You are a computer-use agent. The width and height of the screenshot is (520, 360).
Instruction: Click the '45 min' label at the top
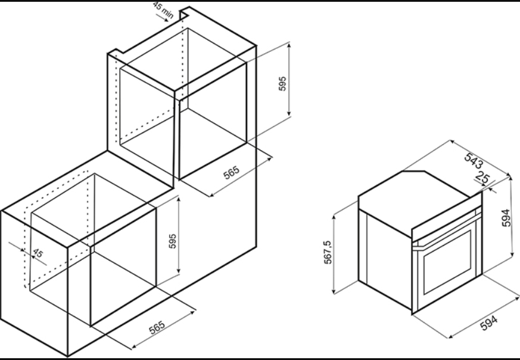click(163, 10)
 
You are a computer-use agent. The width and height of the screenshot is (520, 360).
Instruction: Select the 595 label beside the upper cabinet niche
click(282, 83)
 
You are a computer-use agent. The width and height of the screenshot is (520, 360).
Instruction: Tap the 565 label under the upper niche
click(231, 173)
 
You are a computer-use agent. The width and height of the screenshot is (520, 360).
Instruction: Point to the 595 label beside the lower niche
click(172, 241)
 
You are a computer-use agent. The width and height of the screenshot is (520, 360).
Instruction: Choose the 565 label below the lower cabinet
click(157, 327)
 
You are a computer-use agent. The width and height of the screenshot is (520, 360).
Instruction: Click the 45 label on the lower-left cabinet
click(38, 253)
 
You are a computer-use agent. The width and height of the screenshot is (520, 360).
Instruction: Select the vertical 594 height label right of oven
click(506, 218)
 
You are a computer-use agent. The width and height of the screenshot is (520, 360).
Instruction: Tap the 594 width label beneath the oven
click(489, 323)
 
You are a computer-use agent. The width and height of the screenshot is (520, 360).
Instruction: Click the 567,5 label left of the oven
click(328, 252)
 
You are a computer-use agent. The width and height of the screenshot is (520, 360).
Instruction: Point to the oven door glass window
click(447, 262)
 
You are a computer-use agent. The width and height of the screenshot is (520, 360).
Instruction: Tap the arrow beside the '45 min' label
click(162, 18)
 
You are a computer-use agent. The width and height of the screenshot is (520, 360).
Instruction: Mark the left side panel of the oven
click(385, 259)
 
